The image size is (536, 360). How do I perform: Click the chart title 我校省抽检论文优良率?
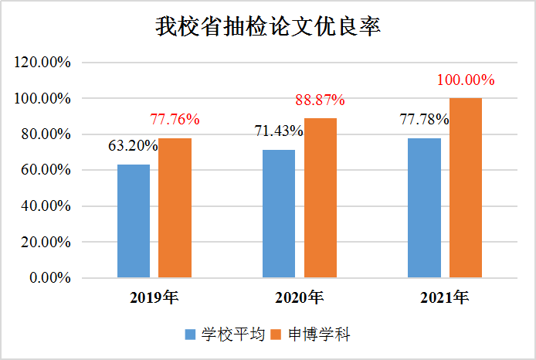coord(268,28)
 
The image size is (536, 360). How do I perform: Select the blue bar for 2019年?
coord(134,221)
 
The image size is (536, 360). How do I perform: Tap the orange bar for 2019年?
coord(175,208)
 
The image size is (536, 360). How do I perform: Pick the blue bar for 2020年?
coord(279,213)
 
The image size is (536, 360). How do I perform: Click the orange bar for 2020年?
coord(321,198)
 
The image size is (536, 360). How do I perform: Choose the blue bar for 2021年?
coord(424,208)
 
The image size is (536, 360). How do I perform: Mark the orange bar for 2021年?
coord(466,188)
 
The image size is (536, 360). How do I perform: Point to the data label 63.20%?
coord(132,145)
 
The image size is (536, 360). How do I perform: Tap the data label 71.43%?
coord(279,131)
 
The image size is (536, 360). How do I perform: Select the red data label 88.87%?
coord(321,100)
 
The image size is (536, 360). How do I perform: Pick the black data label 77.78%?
coord(424,120)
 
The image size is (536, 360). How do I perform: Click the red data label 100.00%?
coord(466,80)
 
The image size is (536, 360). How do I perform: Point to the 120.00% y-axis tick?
coord(43,63)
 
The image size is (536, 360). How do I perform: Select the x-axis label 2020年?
coord(300,297)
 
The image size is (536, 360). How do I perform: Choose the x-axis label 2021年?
coord(445,297)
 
